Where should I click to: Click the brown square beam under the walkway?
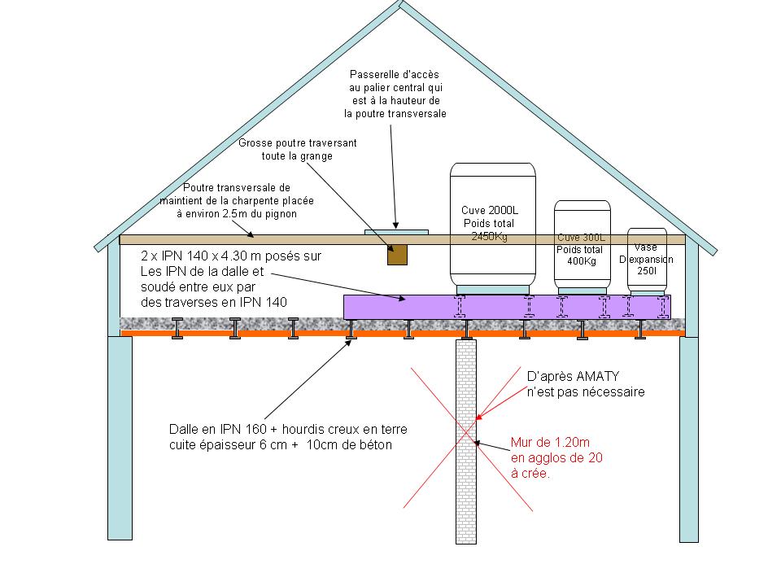[x=397, y=255]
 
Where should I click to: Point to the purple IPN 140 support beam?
[x=390, y=307]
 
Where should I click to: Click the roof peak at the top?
[x=401, y=7]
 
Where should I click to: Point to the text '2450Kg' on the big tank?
[x=489, y=237]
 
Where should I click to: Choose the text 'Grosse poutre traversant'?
[x=297, y=142]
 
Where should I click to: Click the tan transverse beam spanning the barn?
[x=244, y=239]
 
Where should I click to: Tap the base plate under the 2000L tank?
[x=493, y=289]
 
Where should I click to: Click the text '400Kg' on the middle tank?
[x=581, y=261]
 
